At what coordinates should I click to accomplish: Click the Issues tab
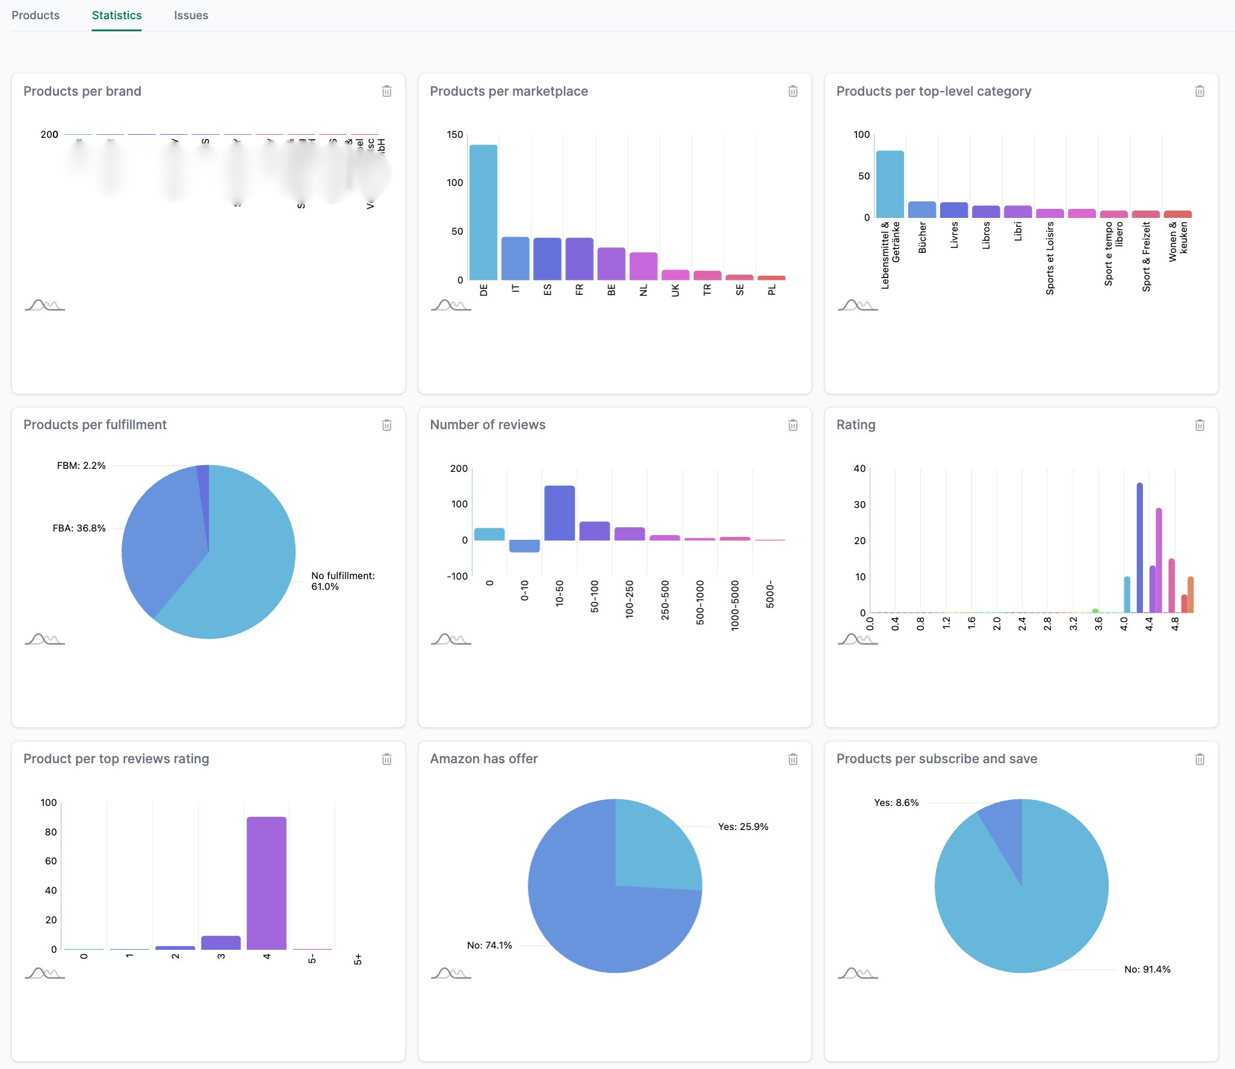(x=191, y=16)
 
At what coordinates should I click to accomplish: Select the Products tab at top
(x=36, y=16)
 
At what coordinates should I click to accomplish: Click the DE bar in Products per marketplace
(x=483, y=212)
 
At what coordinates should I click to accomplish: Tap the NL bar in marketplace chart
(x=643, y=266)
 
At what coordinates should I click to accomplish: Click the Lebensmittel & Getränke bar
(x=890, y=184)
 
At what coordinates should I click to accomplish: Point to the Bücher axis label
(x=922, y=237)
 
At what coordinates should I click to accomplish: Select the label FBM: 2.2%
(x=81, y=465)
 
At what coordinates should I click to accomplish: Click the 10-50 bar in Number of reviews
(x=559, y=513)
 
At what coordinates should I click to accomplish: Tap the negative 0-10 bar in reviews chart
(x=524, y=546)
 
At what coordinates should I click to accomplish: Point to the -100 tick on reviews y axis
(x=457, y=576)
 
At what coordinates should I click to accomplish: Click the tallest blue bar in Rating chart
(x=1139, y=548)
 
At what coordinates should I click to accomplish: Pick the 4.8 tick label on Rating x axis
(x=1174, y=624)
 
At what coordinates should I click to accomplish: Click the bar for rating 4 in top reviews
(x=266, y=883)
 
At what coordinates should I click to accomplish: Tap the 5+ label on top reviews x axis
(x=357, y=959)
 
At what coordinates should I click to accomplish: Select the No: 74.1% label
(x=489, y=945)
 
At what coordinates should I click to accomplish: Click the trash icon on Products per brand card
(x=386, y=91)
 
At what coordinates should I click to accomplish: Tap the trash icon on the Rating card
(x=1199, y=425)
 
